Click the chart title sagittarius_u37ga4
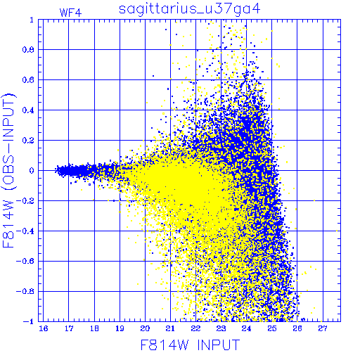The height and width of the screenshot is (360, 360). point(190,9)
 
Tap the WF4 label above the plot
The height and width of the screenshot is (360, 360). point(71,13)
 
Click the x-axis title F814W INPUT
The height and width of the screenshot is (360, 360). point(190,345)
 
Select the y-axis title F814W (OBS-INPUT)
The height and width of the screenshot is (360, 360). point(8,170)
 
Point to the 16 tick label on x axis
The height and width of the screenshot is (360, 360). point(44,328)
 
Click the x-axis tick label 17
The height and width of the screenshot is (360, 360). point(69,328)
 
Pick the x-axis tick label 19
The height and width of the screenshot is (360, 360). point(120,328)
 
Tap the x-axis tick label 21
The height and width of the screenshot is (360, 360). point(170,328)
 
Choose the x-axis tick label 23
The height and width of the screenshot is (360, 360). point(221,328)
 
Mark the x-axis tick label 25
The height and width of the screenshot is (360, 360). point(272,328)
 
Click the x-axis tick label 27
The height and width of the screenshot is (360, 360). point(323,328)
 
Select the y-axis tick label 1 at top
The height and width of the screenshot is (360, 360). point(32,20)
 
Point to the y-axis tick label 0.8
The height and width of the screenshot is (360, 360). point(28,50)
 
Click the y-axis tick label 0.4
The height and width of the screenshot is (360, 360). point(28,110)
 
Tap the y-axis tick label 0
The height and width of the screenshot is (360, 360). point(32,171)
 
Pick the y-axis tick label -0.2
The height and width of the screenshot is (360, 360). point(25,201)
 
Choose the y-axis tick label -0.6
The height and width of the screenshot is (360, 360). point(25,261)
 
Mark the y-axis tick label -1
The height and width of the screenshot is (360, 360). point(28,321)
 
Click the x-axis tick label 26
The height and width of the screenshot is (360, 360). point(297,328)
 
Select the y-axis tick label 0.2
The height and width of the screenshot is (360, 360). point(28,141)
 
